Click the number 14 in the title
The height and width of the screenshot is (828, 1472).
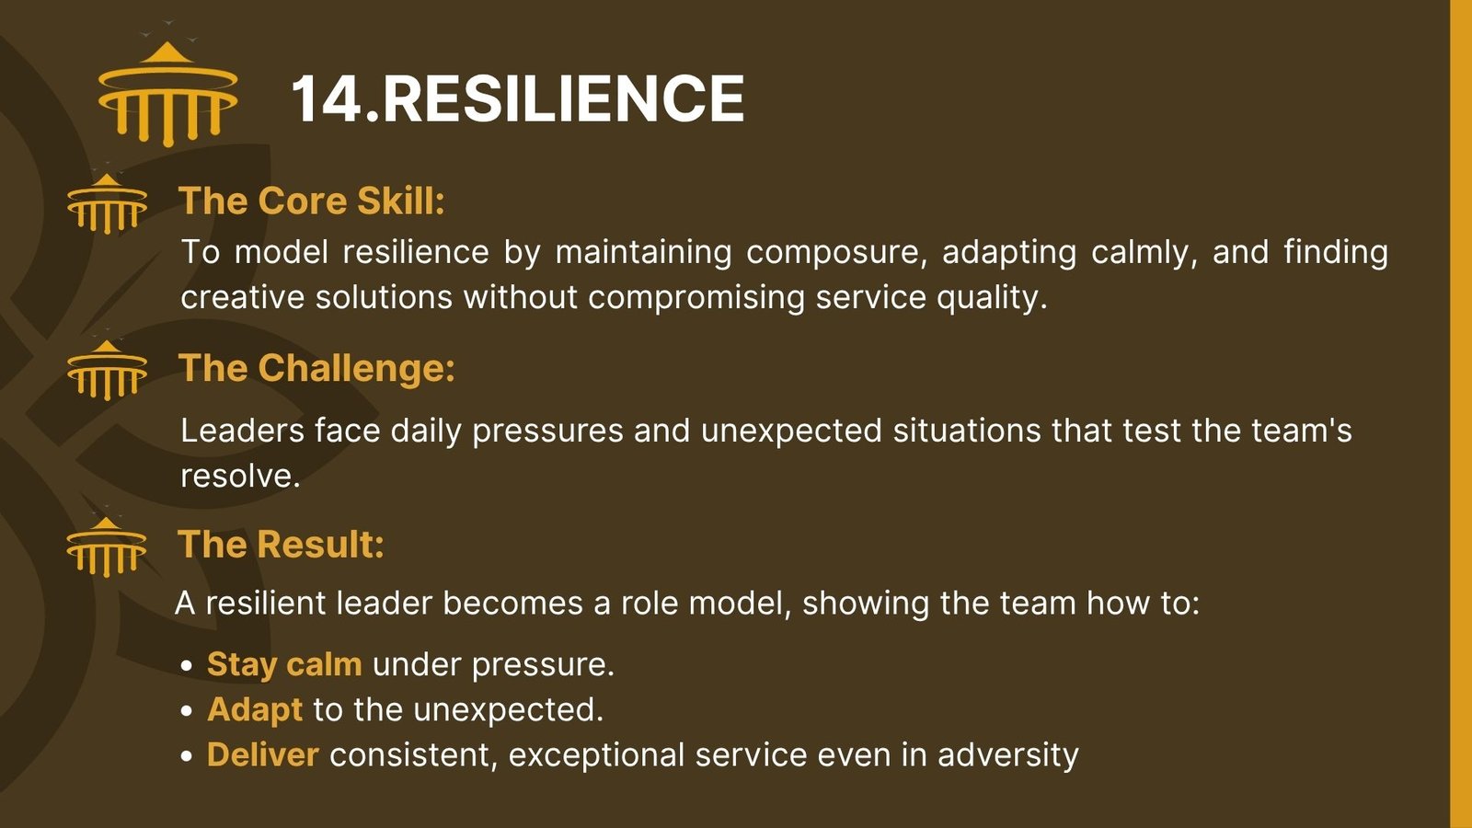(x=326, y=98)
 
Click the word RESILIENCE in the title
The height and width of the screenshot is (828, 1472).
(x=562, y=98)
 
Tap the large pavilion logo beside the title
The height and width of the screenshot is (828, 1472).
(x=167, y=93)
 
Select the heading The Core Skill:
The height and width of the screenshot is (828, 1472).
(x=312, y=201)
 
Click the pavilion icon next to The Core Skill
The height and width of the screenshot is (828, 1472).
(x=107, y=203)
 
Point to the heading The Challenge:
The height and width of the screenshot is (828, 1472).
(x=316, y=368)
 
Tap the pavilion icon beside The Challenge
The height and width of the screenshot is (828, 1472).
(x=107, y=370)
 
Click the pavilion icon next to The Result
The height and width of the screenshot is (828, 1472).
(x=107, y=546)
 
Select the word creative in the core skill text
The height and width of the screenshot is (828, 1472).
(x=243, y=297)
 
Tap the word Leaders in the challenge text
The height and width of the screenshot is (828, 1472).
(x=243, y=431)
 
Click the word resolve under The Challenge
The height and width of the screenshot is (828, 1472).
(x=240, y=476)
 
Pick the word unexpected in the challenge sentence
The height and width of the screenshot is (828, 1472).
(x=791, y=432)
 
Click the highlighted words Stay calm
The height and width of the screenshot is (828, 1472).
(x=284, y=665)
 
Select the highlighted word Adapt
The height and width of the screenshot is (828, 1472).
(x=255, y=710)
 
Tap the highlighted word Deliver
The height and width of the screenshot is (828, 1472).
(x=263, y=754)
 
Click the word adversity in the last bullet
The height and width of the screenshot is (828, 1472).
(x=1008, y=755)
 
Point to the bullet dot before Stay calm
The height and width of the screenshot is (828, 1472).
(x=187, y=666)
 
